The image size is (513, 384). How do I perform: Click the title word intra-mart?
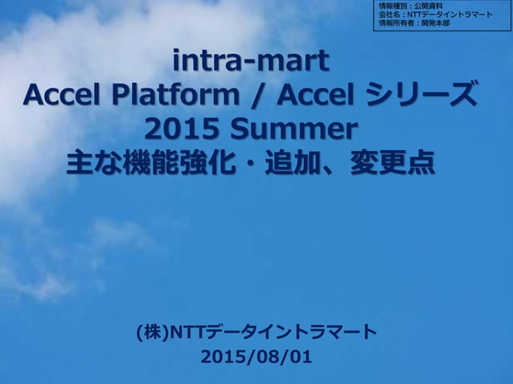(251, 60)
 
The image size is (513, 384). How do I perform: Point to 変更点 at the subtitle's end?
(393, 164)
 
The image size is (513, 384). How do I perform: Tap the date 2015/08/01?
(256, 357)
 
